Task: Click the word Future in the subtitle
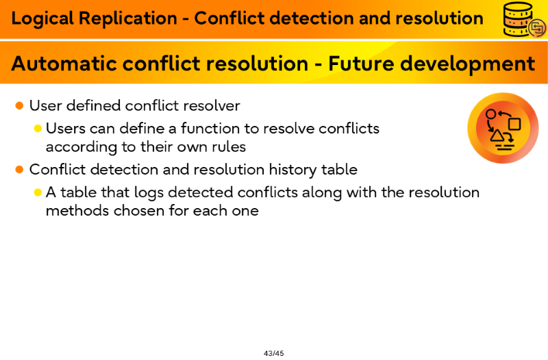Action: [361, 63]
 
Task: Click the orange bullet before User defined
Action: [20, 105]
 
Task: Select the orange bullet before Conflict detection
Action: [20, 170]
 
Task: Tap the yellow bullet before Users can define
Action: [38, 129]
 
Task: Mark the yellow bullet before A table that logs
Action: [38, 192]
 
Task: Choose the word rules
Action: [229, 146]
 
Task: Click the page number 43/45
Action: [273, 353]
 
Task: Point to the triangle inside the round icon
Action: [497, 136]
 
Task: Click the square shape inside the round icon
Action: [514, 124]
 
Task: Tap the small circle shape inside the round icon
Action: [491, 114]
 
